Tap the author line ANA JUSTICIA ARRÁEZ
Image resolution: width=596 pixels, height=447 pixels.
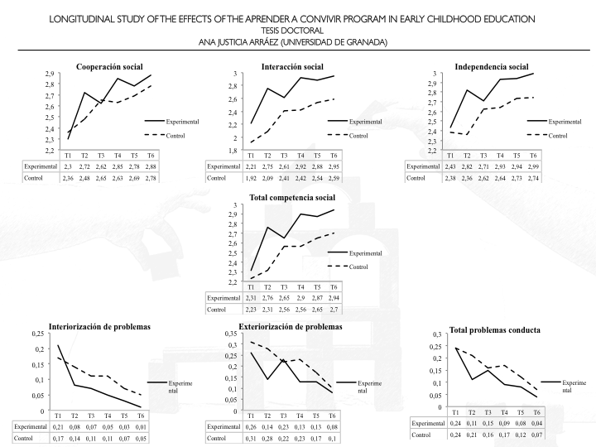(298, 42)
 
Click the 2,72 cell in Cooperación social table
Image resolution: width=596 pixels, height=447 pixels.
(84, 166)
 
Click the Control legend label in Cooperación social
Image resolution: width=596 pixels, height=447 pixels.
(175, 135)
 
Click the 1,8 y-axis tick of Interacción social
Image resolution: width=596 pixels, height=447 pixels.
(233, 151)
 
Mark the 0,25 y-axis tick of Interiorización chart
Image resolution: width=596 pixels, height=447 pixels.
(37, 333)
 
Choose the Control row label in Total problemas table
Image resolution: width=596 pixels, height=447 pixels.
(422, 434)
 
